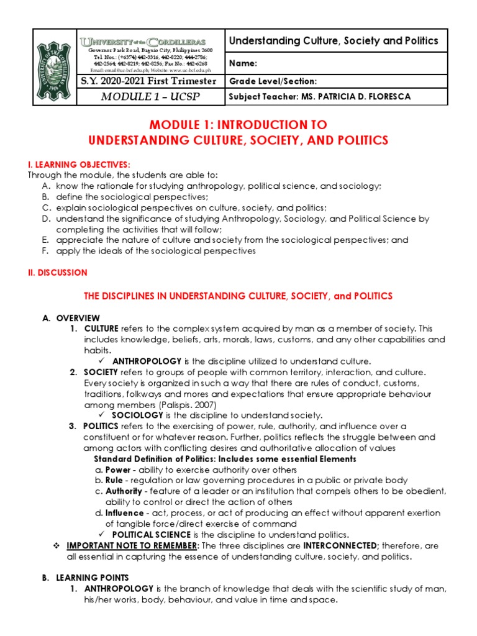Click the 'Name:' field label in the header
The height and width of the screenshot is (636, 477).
click(x=243, y=63)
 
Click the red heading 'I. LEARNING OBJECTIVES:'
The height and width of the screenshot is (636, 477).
click(x=78, y=164)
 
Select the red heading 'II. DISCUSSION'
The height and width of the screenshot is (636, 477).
click(x=57, y=273)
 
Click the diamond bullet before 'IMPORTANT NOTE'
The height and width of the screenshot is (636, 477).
click(x=56, y=545)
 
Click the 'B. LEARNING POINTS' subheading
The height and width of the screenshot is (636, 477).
click(x=86, y=578)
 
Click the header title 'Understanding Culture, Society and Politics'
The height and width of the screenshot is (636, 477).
click(x=334, y=41)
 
